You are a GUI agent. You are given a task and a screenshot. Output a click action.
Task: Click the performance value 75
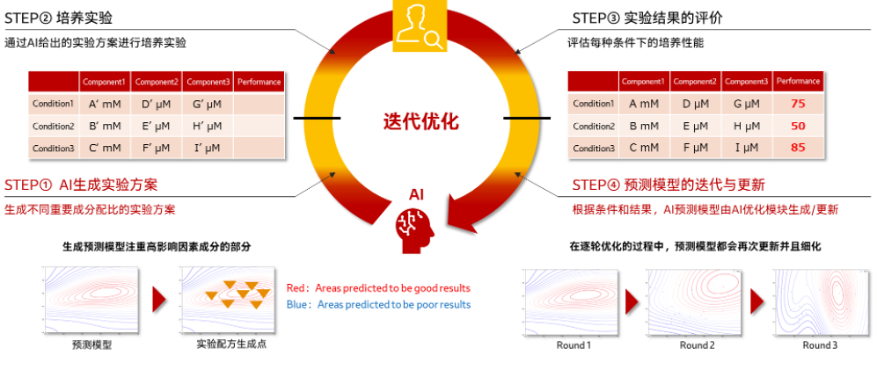pos(798,104)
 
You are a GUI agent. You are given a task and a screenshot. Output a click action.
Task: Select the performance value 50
pos(798,126)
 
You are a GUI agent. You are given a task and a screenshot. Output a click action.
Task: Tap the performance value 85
pos(798,149)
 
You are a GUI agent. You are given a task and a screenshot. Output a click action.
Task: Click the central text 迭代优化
pos(420,121)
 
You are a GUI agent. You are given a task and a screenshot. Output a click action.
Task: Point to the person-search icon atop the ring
pos(420,25)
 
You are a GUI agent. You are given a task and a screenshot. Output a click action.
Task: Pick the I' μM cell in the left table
pos(207,149)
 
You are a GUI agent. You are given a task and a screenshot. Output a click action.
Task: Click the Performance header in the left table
pos(259,83)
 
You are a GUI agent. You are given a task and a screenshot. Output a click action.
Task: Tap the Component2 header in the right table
pos(695,82)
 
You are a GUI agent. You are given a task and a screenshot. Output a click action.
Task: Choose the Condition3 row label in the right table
pos(594,149)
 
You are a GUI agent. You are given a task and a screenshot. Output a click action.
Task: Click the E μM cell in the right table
pos(695,126)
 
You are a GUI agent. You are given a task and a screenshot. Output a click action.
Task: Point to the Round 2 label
pos(697,345)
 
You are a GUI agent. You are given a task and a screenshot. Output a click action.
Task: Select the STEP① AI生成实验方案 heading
pos(81,185)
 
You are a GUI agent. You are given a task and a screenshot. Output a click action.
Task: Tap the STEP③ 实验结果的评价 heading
pos(647,18)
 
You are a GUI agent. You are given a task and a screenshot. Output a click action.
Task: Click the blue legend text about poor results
pos(378,305)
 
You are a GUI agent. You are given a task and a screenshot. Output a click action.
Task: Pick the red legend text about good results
pos(378,288)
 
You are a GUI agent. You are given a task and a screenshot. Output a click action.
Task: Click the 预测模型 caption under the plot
pos(91,345)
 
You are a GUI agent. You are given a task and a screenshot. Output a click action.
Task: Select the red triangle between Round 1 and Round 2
pos(632,302)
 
